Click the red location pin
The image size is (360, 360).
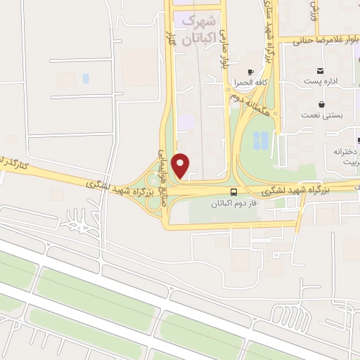click(x=181, y=165)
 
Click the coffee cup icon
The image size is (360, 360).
click(x=251, y=72)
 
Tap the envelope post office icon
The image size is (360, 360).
click(x=321, y=70)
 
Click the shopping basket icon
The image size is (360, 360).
click(x=321, y=105)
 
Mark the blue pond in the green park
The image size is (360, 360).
click(x=260, y=140)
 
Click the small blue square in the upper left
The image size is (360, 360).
click(x=86, y=78)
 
